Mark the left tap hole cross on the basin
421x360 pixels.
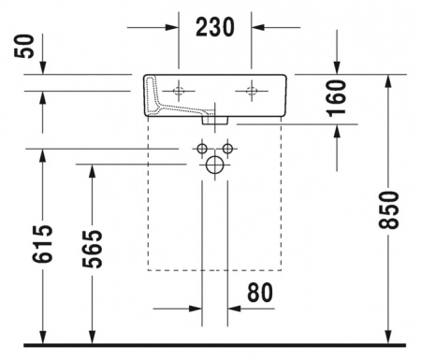click(180, 91)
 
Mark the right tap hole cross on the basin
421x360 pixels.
click(251, 91)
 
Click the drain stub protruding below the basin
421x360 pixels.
click(215, 120)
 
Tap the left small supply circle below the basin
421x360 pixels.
click(202, 149)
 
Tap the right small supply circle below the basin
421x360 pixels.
click(227, 149)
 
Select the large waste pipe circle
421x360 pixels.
click(215, 166)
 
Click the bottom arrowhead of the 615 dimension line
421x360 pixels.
click(41, 338)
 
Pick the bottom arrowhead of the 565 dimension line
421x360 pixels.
click(91, 338)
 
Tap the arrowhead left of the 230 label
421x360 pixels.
click(173, 27)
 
